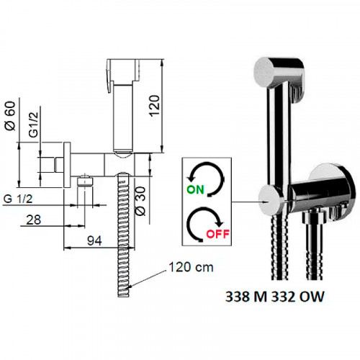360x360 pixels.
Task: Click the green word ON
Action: [x=195, y=189]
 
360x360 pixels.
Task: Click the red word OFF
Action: [x=218, y=234]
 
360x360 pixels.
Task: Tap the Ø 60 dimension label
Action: [x=11, y=116]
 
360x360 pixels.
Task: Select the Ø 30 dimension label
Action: [x=140, y=201]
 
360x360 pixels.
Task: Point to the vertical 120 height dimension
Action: [x=154, y=106]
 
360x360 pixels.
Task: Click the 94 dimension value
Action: [x=94, y=240]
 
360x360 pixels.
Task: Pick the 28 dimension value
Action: [x=33, y=220]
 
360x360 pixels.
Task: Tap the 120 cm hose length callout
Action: [x=191, y=267]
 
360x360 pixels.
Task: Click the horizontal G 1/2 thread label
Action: [x=18, y=199]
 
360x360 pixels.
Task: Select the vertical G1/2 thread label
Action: [x=33, y=125]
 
